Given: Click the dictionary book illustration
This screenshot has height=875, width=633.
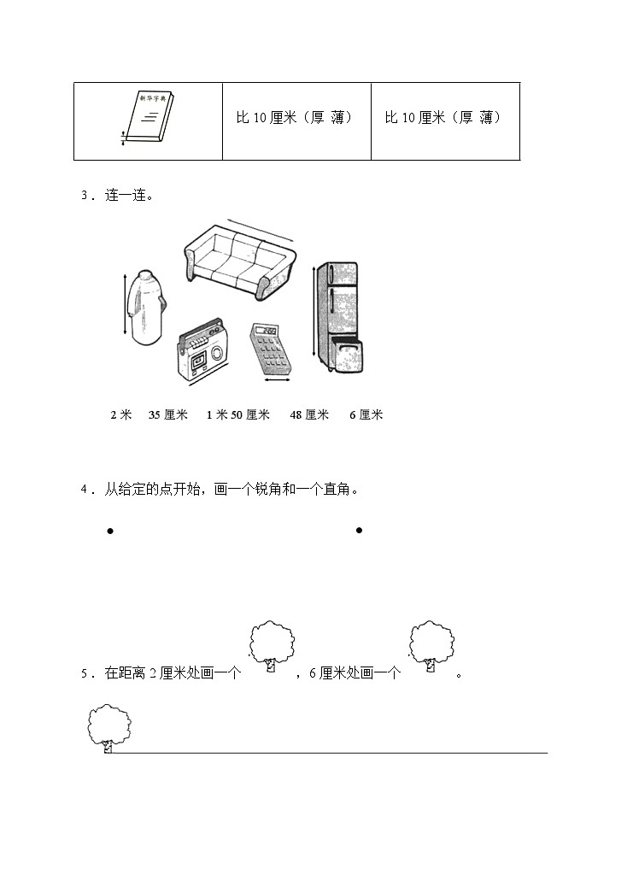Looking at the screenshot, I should pyautogui.click(x=146, y=120).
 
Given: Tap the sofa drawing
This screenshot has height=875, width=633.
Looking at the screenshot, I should pyautogui.click(x=238, y=260).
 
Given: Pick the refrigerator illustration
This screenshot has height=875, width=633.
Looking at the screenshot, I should pyautogui.click(x=339, y=317).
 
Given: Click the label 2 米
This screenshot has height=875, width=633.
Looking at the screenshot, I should pyautogui.click(x=121, y=415).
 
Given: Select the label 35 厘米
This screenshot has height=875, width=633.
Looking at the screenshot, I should pyautogui.click(x=168, y=415).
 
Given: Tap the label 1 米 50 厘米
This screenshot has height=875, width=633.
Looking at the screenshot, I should pyautogui.click(x=237, y=415).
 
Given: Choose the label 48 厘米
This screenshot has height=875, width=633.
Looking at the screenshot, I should pyautogui.click(x=309, y=415).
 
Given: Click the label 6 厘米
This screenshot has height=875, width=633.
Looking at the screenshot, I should pyautogui.click(x=366, y=415).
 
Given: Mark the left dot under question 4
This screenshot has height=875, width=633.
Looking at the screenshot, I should pyautogui.click(x=110, y=531).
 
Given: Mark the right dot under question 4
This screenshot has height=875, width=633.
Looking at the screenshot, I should pyautogui.click(x=359, y=531).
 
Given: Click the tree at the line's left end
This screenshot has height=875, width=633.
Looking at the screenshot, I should pyautogui.click(x=108, y=729).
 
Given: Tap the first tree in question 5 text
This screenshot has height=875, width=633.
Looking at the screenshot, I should pyautogui.click(x=270, y=649).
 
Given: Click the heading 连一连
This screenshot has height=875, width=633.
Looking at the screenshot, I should pyautogui.click(x=128, y=196).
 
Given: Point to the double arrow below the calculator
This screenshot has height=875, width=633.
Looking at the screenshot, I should pyautogui.click(x=278, y=382).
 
